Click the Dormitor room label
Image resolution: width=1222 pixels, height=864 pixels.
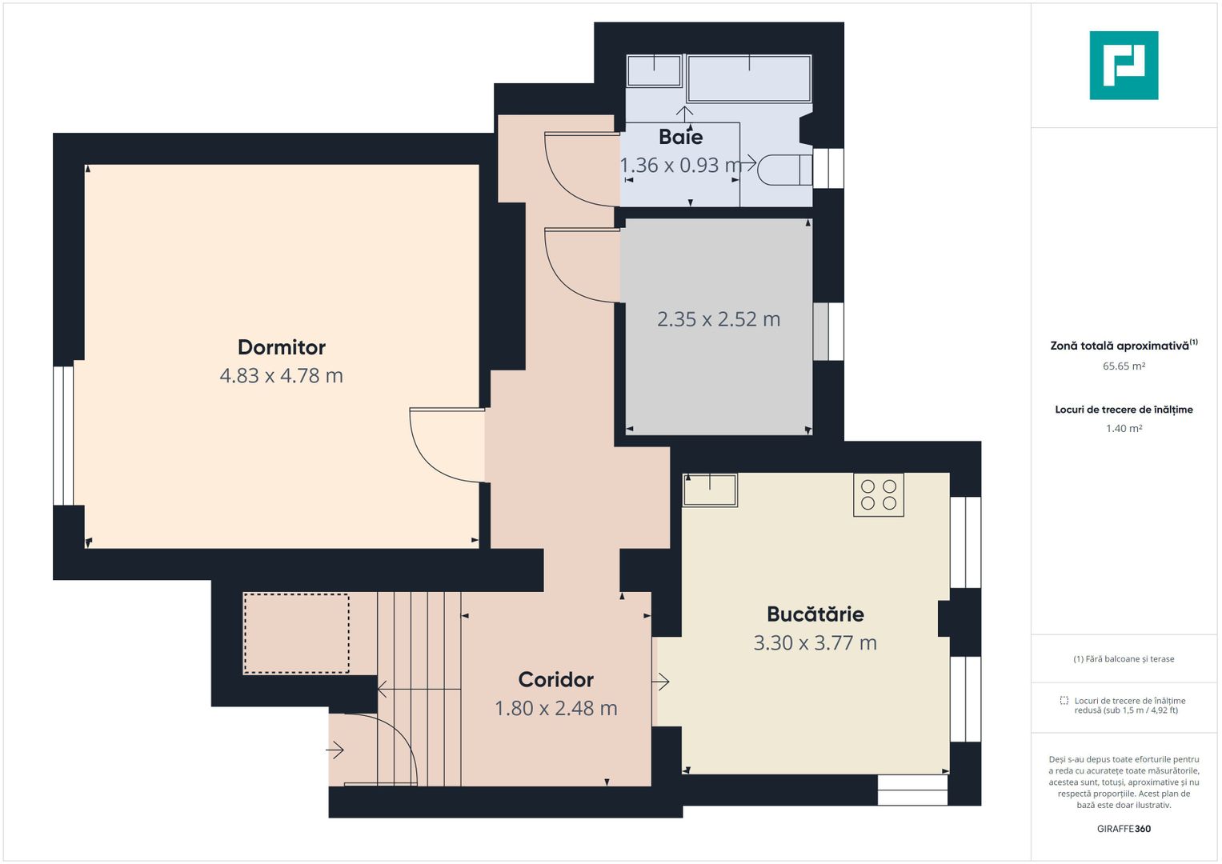[282, 347]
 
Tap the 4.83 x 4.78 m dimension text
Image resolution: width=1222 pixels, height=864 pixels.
[282, 375]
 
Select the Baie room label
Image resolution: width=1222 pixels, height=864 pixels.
[681, 137]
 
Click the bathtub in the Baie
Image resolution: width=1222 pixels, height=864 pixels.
[749, 78]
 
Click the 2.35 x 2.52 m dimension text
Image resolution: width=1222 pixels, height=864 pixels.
[719, 319]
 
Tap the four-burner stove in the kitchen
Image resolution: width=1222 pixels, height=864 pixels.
[878, 494]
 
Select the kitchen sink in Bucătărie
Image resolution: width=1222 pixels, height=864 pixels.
[710, 490]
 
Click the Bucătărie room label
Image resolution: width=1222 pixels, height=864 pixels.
[815, 614]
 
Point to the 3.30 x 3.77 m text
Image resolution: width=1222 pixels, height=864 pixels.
[815, 643]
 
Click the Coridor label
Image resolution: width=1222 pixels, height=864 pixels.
[556, 680]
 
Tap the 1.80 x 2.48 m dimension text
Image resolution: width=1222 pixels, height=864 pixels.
[556, 709]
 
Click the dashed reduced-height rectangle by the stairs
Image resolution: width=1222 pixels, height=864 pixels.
[296, 634]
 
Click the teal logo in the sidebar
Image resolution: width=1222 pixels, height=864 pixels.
[1124, 66]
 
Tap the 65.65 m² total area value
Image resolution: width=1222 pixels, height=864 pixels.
[1124, 366]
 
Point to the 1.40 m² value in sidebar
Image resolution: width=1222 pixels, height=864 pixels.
[1124, 429]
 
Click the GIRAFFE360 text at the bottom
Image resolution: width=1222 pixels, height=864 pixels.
[1124, 829]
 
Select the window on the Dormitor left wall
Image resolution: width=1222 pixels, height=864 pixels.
[63, 436]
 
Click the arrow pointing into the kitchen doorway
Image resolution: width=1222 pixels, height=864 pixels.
[661, 682]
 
